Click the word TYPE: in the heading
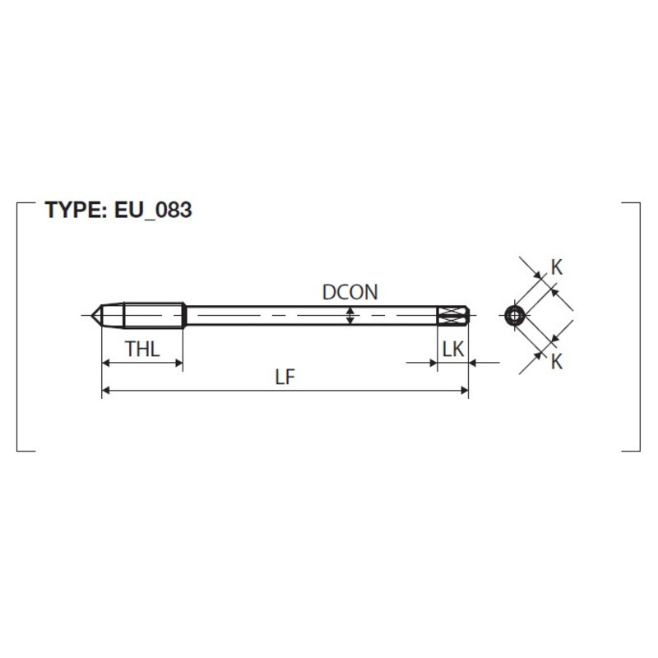tap(76, 210)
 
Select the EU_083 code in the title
tap(153, 211)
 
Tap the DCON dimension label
tap(350, 292)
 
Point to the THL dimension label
tap(142, 349)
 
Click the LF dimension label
tap(285, 378)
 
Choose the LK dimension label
tap(453, 349)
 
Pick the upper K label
tap(557, 267)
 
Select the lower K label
tap(557, 361)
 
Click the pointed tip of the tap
tap(92, 315)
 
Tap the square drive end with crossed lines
tap(453, 315)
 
